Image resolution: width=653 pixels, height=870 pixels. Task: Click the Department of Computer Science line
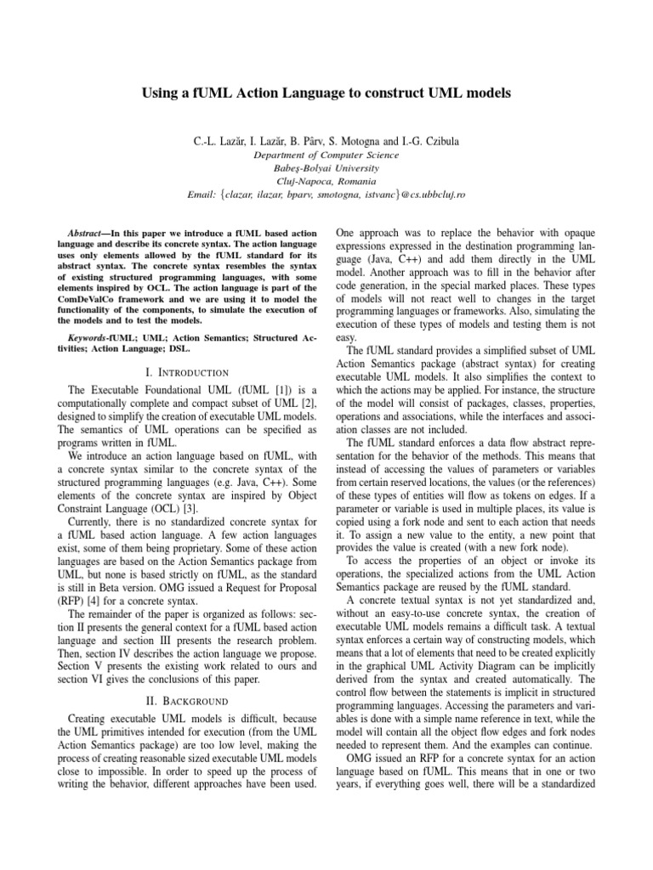point(326,155)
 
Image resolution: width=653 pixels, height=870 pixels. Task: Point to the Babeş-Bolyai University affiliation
point(326,167)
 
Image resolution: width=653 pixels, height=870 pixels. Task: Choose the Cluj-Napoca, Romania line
point(326,180)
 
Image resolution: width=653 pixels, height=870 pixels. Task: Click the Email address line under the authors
point(326,195)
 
